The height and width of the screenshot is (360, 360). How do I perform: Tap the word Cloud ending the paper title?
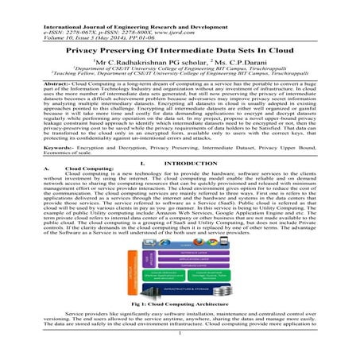point(282,48)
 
